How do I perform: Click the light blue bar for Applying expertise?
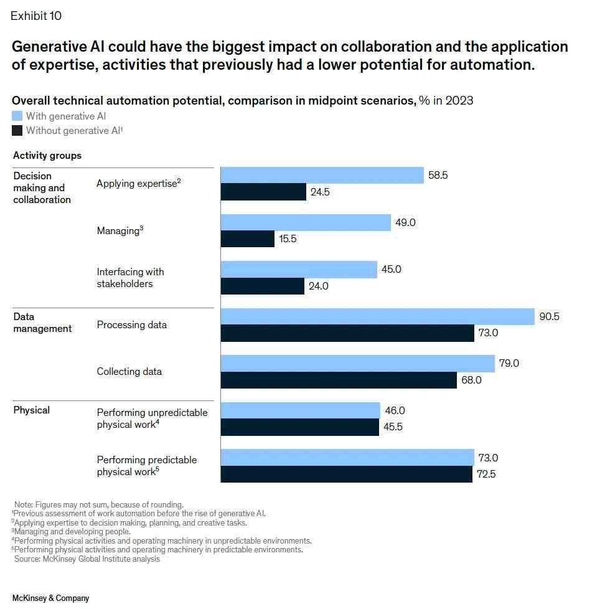click(322, 176)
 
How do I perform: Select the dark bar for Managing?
click(248, 239)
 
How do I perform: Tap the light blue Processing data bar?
click(378, 316)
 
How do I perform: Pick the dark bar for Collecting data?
click(339, 380)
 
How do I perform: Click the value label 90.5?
click(549, 316)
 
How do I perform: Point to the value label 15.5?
click(288, 239)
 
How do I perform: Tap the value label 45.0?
click(391, 270)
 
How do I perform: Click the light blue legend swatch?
click(17, 116)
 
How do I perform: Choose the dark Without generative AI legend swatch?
click(17, 131)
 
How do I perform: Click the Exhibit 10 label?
click(36, 16)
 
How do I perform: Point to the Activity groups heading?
click(47, 155)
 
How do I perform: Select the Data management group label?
click(42, 323)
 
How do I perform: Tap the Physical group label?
click(31, 410)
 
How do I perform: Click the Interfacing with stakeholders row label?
click(130, 278)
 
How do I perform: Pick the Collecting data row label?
click(129, 372)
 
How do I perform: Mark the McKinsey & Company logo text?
click(50, 598)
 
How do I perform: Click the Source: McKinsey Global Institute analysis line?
click(87, 559)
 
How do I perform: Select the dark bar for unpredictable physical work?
click(300, 427)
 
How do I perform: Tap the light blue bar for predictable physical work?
click(347, 458)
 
